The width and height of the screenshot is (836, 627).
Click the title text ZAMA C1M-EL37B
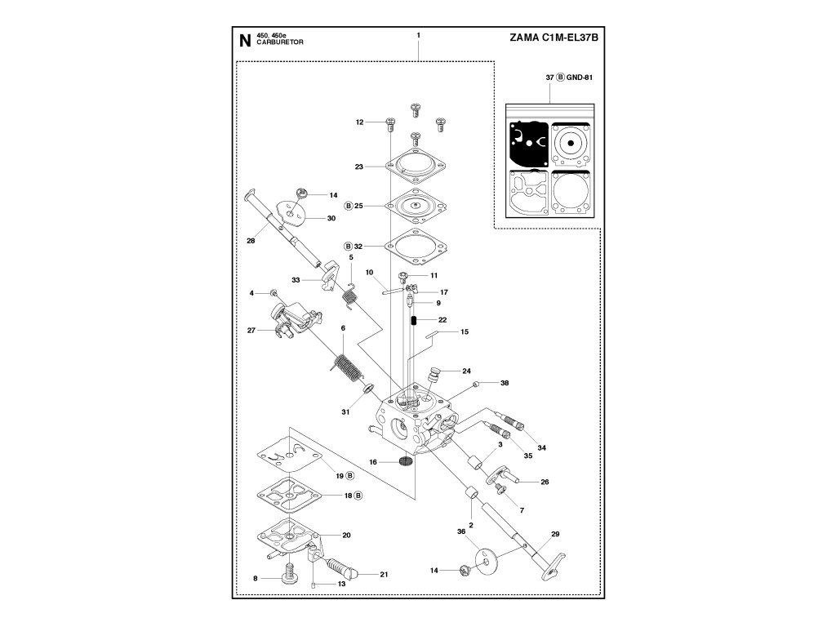pos(554,38)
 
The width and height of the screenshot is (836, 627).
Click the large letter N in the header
pos(245,41)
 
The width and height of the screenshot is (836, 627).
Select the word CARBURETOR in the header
pos(280,42)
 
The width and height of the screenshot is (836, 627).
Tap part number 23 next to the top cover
pos(359,167)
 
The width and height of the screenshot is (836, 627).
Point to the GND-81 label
pos(580,78)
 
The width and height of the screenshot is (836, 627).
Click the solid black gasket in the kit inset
pos(528,144)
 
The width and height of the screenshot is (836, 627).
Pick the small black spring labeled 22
pos(413,320)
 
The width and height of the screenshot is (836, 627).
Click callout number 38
pos(505,383)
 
